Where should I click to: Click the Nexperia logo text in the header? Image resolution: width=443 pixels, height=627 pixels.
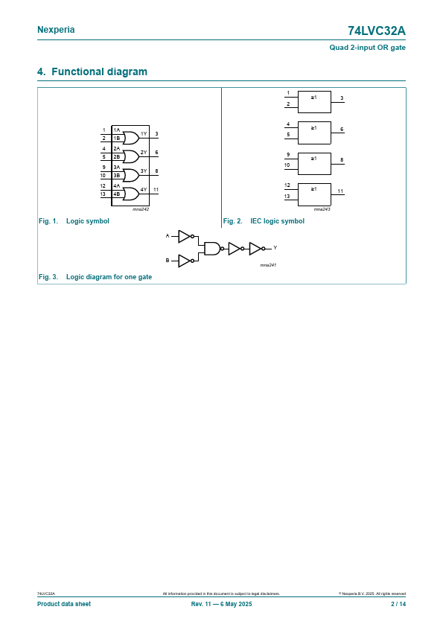point(56,30)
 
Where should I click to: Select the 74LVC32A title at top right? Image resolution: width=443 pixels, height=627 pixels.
point(376,31)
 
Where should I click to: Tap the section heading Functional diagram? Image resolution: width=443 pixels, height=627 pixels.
point(99,71)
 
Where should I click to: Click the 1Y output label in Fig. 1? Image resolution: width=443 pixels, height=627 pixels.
point(144,133)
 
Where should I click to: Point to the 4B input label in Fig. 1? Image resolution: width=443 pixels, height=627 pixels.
point(116,194)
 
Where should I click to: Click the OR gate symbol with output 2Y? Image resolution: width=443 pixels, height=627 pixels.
point(131,156)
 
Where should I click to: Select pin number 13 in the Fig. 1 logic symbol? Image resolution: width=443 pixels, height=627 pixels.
point(103,194)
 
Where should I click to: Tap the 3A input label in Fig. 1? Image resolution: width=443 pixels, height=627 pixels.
point(116,167)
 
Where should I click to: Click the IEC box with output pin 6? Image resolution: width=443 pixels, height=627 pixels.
point(314,133)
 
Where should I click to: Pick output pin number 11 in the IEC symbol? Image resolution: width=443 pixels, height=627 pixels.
point(340,191)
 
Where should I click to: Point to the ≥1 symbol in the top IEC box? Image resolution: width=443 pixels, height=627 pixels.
point(314,97)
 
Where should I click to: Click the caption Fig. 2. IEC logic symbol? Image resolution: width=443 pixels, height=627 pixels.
point(264,221)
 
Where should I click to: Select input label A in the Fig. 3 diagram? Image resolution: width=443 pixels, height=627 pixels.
point(168,236)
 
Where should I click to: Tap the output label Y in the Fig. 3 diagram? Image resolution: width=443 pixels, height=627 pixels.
point(275,248)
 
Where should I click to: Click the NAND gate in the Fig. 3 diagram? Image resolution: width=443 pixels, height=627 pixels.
point(212,248)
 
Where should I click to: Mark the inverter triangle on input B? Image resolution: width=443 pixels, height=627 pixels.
point(184,261)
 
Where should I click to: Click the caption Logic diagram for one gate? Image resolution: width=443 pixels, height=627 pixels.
point(109,277)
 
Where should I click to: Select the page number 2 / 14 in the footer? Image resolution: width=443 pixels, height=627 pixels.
point(398,604)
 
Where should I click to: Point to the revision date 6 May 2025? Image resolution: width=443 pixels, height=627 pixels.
point(236,604)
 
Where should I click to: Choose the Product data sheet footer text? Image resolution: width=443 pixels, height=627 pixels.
point(64,604)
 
